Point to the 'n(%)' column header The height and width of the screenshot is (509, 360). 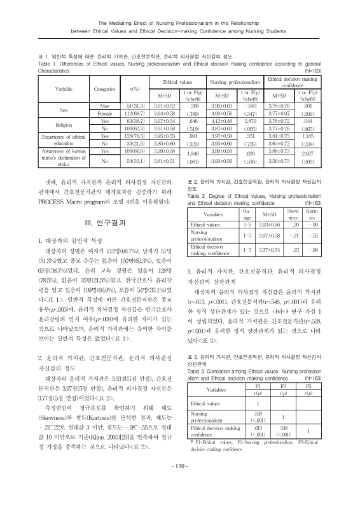tap(134, 88)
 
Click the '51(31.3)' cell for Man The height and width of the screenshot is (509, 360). tap(138, 106)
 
